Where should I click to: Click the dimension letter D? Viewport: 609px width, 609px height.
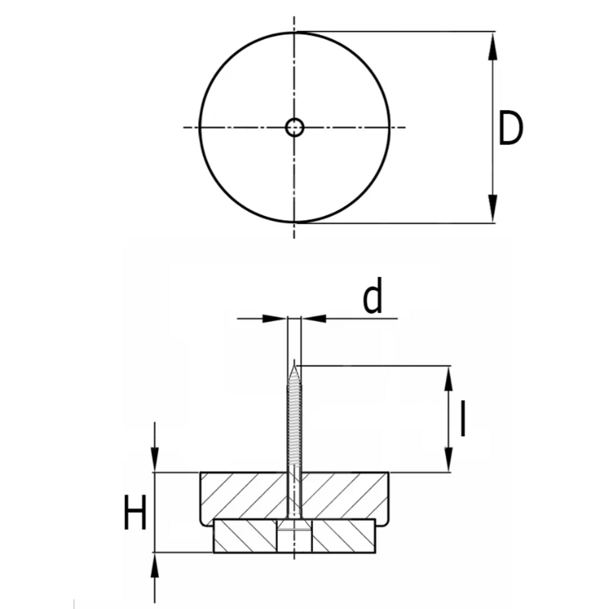(x=511, y=129)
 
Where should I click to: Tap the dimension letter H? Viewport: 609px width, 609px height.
(x=135, y=512)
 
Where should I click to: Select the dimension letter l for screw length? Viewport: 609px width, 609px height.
(x=463, y=419)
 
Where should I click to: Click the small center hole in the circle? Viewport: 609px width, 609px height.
(x=294, y=128)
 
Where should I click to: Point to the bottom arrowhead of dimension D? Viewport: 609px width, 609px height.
(x=493, y=209)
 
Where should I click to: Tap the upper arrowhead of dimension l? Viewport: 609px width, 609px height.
(x=448, y=379)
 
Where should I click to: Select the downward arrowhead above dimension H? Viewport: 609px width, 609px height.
(x=155, y=459)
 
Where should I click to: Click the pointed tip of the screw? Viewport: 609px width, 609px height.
(x=294, y=365)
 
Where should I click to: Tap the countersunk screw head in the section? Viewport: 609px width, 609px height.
(x=294, y=525)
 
